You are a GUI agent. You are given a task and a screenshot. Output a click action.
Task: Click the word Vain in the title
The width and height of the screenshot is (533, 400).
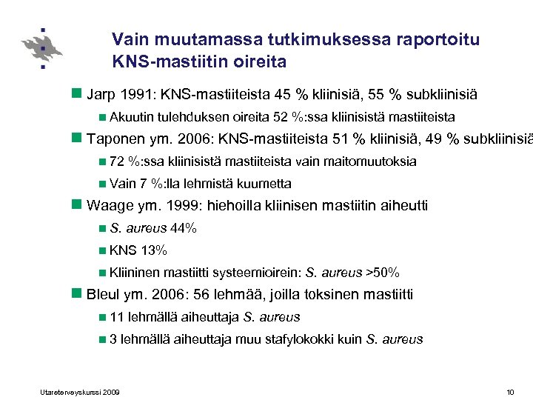click(128, 39)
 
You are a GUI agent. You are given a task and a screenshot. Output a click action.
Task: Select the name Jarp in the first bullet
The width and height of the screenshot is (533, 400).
click(101, 96)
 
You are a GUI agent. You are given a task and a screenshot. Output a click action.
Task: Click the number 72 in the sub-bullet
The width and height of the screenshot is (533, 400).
click(116, 161)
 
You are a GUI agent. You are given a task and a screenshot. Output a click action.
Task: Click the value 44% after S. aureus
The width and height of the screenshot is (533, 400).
click(184, 228)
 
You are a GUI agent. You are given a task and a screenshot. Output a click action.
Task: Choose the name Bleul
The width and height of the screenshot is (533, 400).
click(104, 295)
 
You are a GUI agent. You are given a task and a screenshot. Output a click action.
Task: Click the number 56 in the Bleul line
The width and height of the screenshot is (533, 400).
click(201, 295)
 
